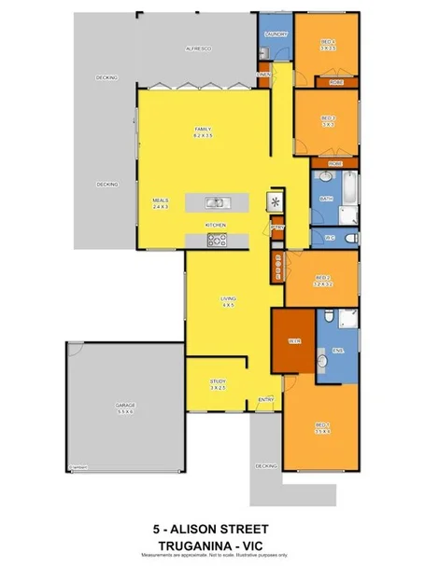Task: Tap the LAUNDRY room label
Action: [x=276, y=35]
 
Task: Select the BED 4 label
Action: [x=327, y=42]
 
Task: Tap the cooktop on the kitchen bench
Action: [x=217, y=241]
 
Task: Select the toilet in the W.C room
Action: [x=348, y=239]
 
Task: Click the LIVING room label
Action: [x=227, y=300]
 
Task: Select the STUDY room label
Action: [x=218, y=383]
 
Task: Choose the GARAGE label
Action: [x=124, y=407]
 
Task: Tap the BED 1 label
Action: [x=323, y=429]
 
